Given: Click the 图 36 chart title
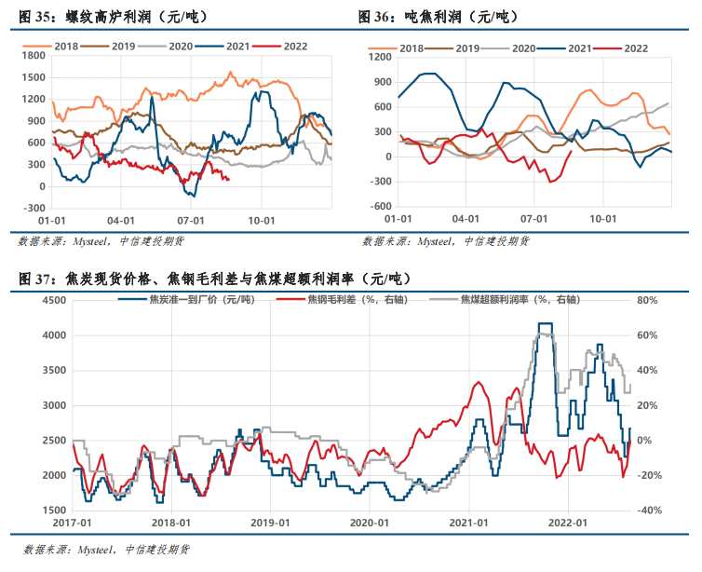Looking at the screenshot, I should tap(438, 16).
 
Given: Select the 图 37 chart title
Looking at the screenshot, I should tap(214, 278).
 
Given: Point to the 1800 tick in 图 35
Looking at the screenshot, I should tap(33, 55).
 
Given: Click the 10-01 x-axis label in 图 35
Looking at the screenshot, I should tap(262, 222).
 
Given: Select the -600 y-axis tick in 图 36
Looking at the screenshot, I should tap(379, 206).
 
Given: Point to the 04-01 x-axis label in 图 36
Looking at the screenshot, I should tap(466, 222).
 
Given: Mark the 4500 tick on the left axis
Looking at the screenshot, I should tap(54, 300).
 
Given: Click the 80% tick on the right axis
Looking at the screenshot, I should tap(647, 300).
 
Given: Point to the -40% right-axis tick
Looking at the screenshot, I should tap(648, 511).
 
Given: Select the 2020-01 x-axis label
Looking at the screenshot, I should tap(370, 524).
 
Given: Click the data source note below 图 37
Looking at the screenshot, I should tap(102, 550).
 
